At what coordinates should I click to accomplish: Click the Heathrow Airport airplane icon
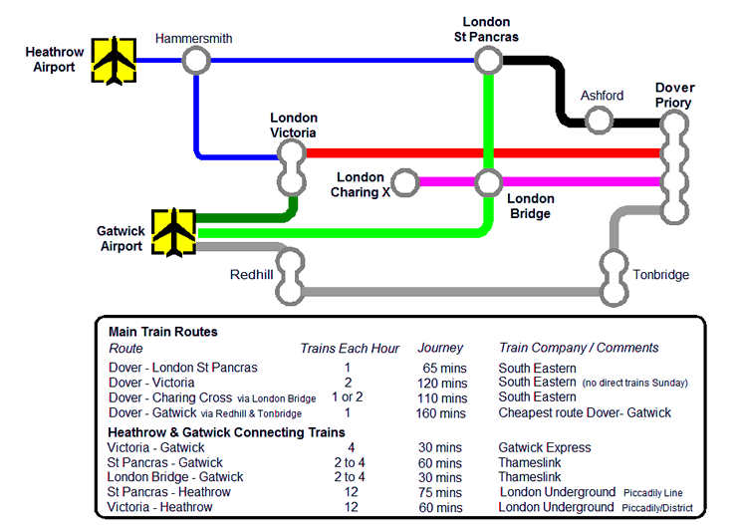(114, 61)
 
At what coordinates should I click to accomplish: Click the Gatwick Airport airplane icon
(174, 232)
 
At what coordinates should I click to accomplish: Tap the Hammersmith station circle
(196, 61)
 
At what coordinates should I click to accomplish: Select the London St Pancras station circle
(487, 61)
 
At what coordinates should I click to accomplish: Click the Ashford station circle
(599, 121)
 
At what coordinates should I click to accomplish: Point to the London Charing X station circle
(404, 182)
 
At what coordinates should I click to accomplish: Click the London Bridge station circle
(487, 182)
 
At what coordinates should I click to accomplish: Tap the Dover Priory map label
(673, 95)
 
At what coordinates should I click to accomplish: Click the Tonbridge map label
(660, 275)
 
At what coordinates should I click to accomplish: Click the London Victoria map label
(293, 125)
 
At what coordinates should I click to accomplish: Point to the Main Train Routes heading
(162, 332)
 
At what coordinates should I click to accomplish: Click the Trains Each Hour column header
(350, 348)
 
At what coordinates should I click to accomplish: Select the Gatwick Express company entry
(545, 448)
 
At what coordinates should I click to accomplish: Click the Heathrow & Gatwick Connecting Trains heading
(226, 431)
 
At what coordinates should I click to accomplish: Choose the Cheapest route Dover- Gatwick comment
(585, 413)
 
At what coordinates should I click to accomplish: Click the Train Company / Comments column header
(579, 348)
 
